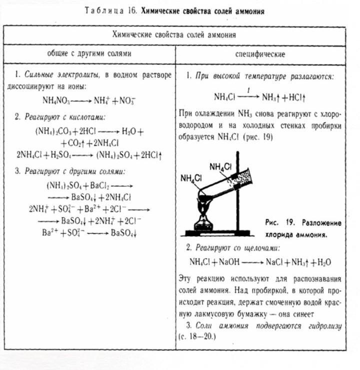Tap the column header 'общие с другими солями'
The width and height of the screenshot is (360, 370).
pyautogui.click(x=89, y=53)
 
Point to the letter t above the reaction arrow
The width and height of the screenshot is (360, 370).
pyautogui.click(x=248, y=90)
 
